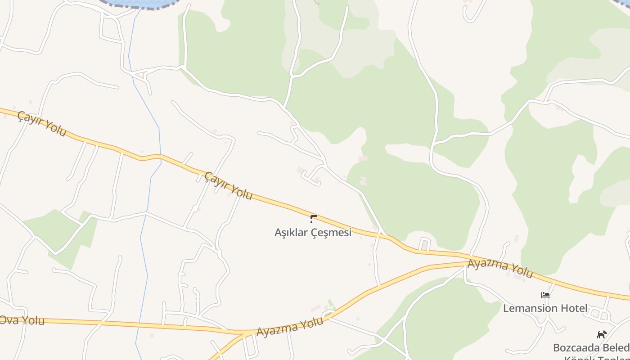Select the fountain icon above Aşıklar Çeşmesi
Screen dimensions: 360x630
click(x=314, y=219)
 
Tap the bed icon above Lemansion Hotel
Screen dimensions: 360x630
click(x=545, y=296)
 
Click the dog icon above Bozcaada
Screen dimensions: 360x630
click(x=602, y=334)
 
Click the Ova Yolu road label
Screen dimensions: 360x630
click(x=22, y=320)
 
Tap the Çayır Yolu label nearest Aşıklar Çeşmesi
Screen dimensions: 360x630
click(x=229, y=185)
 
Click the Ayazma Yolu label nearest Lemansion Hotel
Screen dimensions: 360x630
click(x=500, y=268)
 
